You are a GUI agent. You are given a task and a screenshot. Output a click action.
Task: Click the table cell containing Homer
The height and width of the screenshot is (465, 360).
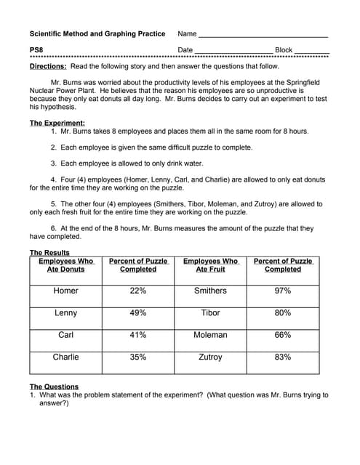[x=65, y=291]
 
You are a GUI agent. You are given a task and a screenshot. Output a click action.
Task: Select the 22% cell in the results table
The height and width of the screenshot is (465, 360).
[x=137, y=291]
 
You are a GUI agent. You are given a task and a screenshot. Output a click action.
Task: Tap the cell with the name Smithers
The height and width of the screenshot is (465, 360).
[x=210, y=291]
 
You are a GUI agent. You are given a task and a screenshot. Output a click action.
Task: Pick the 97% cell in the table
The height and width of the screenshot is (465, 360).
[x=283, y=291]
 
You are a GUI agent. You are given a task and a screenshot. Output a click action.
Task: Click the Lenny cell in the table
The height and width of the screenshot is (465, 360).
[x=65, y=313]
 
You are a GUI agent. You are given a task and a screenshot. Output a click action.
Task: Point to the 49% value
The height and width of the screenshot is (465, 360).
[x=137, y=313]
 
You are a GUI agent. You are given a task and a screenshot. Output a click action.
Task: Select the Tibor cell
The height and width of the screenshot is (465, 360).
[x=210, y=313]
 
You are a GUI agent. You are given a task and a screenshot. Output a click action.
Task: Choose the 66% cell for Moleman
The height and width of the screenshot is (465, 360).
[x=283, y=335]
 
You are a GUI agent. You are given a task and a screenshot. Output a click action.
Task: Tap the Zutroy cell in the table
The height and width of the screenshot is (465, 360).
[x=210, y=357]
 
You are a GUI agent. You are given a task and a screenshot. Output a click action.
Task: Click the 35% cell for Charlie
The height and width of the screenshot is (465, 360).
[x=137, y=357]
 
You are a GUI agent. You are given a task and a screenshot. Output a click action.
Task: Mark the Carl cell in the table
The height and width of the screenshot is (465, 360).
[x=65, y=335]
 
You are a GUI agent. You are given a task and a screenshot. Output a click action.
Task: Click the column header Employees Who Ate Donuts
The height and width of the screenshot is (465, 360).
[x=65, y=265]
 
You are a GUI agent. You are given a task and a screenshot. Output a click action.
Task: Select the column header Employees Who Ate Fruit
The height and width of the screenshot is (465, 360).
[x=210, y=265]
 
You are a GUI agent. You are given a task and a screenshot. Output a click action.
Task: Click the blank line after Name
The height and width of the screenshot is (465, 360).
[x=263, y=34]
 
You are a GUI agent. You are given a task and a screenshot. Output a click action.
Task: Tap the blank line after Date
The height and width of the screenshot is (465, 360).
[x=233, y=50]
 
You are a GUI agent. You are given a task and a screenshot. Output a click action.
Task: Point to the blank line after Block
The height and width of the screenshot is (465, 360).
[x=311, y=50]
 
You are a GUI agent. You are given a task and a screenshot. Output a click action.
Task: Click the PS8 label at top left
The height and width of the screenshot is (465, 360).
[x=36, y=49]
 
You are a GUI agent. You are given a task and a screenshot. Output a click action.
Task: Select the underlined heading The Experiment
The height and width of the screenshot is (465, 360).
[x=57, y=123]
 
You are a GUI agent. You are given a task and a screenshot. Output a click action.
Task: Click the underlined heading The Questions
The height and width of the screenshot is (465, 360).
[x=54, y=387]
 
